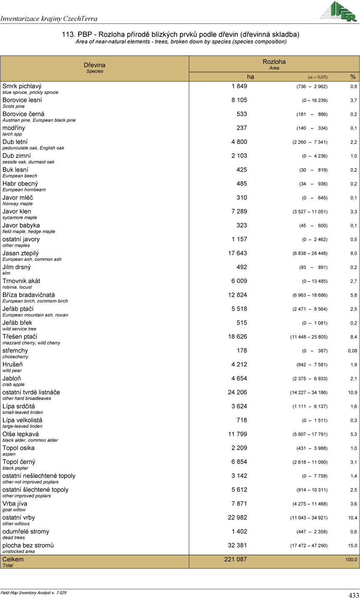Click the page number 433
pyautogui.click(x=354, y=595)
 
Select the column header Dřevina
pyautogui.click(x=95, y=65)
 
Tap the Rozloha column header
pyautogui.click(x=274, y=62)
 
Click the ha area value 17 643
pyautogui.click(x=237, y=253)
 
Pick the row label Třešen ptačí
pyautogui.click(x=20, y=337)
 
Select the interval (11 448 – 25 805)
pyautogui.click(x=310, y=337)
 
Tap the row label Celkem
pyautogui.click(x=13, y=559)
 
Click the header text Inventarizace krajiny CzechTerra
pyautogui.click(x=49, y=18)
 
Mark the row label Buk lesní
pyautogui.click(x=16, y=170)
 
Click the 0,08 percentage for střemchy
pyautogui.click(x=352, y=351)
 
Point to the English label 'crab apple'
pyautogui.click(x=13, y=384)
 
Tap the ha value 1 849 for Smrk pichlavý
pyautogui.click(x=239, y=86)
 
